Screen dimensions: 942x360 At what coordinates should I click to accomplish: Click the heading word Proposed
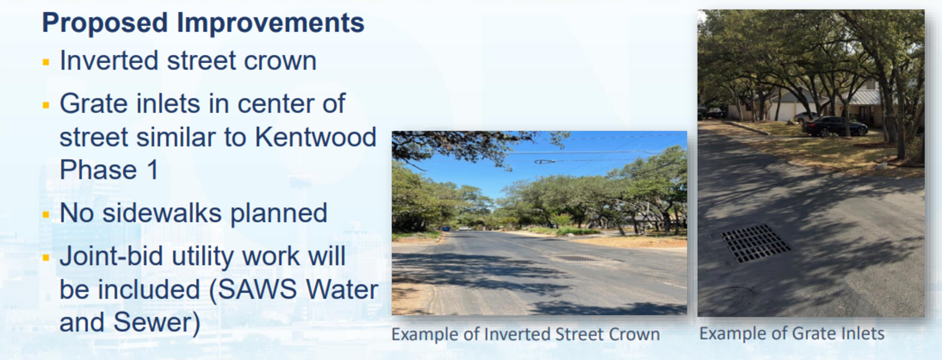(105, 23)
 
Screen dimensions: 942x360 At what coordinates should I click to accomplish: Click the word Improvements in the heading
(270, 23)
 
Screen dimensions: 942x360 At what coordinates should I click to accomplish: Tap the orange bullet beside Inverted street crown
(47, 62)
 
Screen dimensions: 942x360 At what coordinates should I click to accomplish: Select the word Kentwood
(315, 137)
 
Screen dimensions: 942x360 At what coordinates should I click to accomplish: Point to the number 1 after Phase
(152, 170)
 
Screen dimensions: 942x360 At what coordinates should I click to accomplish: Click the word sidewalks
(162, 213)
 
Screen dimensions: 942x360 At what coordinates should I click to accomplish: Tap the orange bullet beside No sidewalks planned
(47, 215)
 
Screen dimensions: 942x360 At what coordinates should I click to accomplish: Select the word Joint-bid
(111, 257)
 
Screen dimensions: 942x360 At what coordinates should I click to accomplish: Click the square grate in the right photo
(755, 243)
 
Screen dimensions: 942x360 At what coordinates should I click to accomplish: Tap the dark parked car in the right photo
(834, 126)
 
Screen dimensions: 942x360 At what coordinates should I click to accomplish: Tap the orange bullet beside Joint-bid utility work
(47, 257)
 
